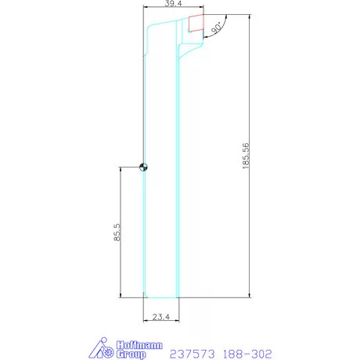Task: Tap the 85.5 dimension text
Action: click(117, 232)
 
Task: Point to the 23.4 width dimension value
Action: click(161, 317)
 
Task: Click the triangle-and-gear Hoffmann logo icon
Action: click(99, 348)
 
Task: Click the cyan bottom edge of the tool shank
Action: click(161, 297)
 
